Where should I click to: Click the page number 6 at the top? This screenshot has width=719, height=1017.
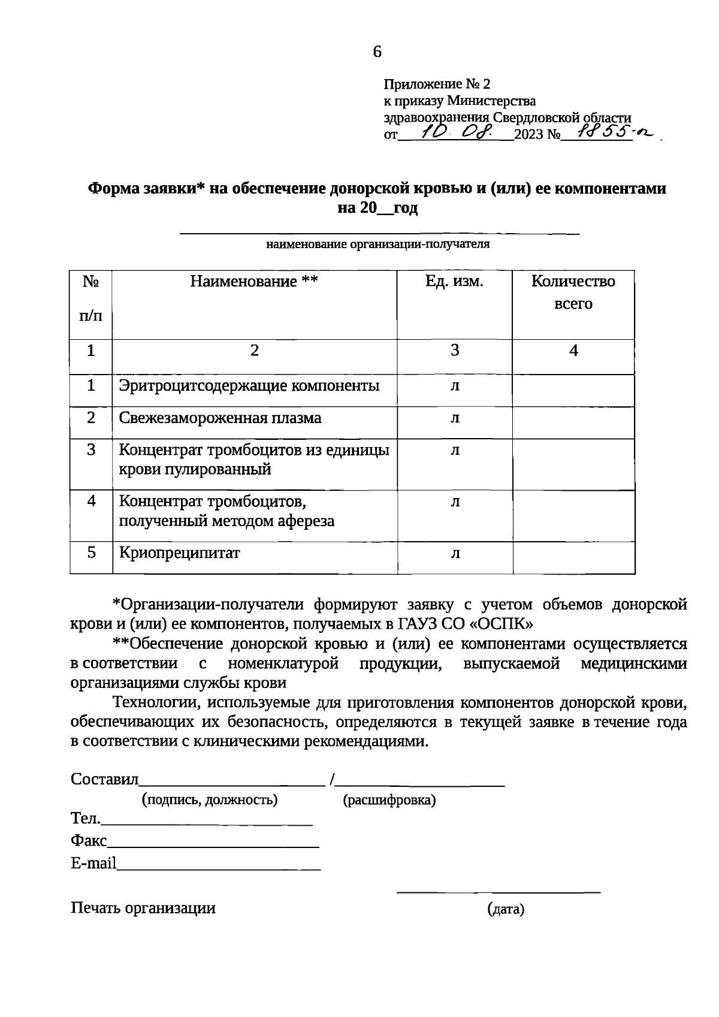tap(377, 52)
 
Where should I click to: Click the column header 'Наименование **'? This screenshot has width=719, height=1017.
tap(254, 282)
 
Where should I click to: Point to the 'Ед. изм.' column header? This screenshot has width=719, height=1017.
tap(454, 282)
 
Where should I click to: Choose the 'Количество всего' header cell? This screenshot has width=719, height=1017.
tap(573, 292)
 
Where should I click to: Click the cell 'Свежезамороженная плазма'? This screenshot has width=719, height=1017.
tap(220, 418)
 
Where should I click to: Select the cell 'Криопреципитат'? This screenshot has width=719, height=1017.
tap(179, 553)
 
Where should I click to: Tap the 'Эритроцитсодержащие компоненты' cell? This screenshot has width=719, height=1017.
tap(249, 386)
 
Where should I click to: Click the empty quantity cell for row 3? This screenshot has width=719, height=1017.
tap(573, 464)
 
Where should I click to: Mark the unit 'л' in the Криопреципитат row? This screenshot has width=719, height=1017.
tap(455, 553)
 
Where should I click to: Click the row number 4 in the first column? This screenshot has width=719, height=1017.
tap(91, 501)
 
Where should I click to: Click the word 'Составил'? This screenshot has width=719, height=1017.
tap(104, 779)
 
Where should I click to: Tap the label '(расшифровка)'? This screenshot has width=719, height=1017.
tap(389, 800)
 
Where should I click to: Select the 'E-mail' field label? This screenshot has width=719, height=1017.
tap(93, 864)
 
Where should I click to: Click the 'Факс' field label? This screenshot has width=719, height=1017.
tap(88, 841)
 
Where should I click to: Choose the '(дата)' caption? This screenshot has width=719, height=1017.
tap(506, 910)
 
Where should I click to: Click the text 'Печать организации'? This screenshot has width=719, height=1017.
tap(143, 908)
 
